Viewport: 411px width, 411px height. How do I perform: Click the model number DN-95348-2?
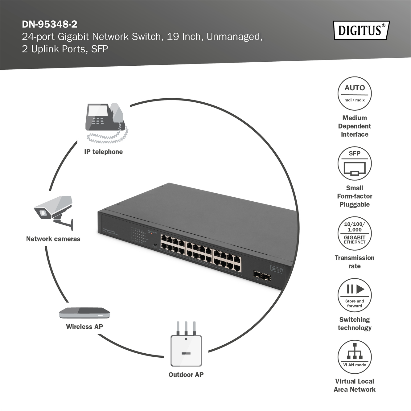(49, 24)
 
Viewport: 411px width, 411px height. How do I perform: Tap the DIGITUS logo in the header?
(361, 30)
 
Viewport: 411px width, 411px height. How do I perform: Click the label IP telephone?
(103, 152)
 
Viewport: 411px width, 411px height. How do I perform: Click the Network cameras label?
(53, 239)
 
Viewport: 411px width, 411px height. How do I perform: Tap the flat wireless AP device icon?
(84, 313)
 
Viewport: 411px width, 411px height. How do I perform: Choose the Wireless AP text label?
(84, 327)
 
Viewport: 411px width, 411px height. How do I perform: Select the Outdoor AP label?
(186, 375)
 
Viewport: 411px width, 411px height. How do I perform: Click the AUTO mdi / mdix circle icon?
(355, 93)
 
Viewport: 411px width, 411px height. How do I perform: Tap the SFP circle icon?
(355, 163)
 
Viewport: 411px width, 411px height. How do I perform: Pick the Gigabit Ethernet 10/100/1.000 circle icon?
(355, 233)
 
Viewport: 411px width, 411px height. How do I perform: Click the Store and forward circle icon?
(355, 295)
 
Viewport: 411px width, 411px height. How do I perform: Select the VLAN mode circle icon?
(355, 357)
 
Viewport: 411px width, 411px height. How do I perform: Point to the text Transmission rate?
(355, 262)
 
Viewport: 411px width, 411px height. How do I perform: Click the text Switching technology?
(355, 324)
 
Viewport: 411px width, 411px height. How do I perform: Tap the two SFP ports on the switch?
(262, 276)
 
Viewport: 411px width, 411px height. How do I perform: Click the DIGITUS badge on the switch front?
(276, 270)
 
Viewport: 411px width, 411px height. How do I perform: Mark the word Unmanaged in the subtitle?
(234, 37)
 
